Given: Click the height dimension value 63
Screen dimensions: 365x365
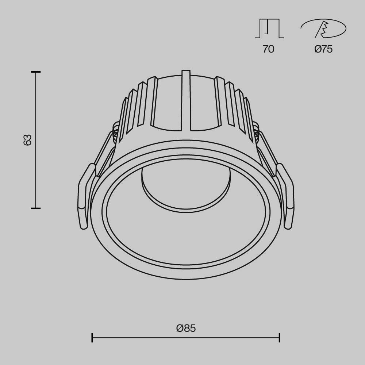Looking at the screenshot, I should coord(28,140).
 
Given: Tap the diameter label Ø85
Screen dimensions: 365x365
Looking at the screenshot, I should coord(186,328).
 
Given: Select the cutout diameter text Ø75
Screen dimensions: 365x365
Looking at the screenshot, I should coord(323,49).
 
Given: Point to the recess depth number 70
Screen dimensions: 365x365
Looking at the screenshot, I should coord(268,49).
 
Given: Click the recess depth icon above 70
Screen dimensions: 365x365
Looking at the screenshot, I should coord(269,29).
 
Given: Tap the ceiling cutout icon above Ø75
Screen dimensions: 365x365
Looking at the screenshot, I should coord(323,29).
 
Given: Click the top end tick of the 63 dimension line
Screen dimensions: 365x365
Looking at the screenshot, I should coord(36,72).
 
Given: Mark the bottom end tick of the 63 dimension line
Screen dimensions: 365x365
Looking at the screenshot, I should coord(36,208).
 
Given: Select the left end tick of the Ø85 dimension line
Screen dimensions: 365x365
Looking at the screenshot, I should coord(92,338).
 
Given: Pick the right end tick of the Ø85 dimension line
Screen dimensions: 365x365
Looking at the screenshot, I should coord(280,338).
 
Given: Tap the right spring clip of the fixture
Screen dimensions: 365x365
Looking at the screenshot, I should coord(288,197).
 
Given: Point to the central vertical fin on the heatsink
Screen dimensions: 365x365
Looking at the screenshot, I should coord(186,100).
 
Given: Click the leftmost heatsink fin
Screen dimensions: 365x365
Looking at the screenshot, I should coord(123,117).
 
